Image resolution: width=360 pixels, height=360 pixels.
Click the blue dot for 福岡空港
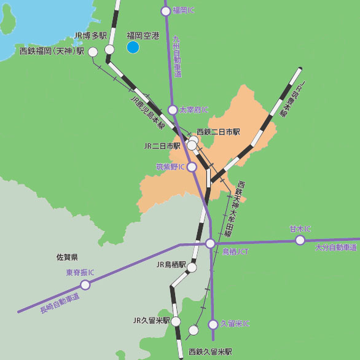[x=133, y=47]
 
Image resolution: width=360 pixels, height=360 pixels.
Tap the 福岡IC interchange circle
[x=165, y=10]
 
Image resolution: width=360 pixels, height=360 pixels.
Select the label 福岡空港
[x=143, y=36]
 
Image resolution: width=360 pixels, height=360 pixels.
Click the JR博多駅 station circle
[x=109, y=49]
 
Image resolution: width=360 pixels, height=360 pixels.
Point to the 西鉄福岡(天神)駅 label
[x=52, y=52]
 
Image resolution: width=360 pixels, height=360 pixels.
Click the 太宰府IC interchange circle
[x=173, y=110]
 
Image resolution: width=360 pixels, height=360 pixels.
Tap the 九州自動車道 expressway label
[x=177, y=56]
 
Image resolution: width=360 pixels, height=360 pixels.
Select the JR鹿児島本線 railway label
[x=147, y=110]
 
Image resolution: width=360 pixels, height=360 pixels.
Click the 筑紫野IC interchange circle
[x=192, y=166]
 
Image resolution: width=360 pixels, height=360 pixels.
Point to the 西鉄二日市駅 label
[x=218, y=132]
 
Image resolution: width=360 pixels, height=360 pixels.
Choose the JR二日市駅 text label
[x=162, y=146]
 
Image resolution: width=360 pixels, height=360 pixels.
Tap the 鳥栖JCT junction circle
[x=210, y=243]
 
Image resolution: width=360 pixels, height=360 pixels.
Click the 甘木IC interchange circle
[x=300, y=240]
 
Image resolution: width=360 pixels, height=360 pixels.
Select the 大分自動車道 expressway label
[x=335, y=248]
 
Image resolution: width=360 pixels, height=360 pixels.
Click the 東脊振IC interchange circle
[x=85, y=284]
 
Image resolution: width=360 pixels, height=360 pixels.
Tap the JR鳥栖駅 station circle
[x=192, y=267]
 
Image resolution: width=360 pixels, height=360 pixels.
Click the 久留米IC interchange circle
[x=213, y=324]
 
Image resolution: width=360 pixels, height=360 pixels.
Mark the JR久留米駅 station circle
[x=176, y=321]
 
